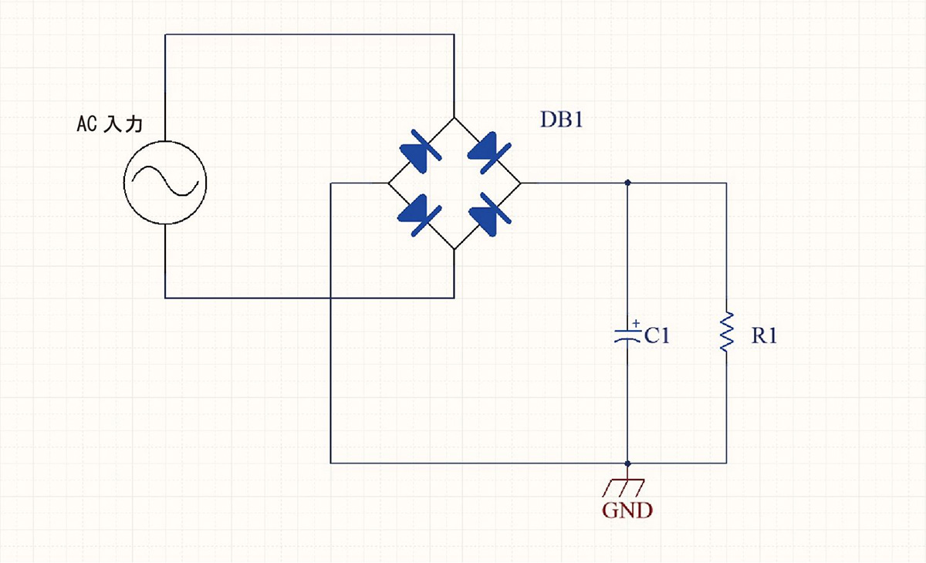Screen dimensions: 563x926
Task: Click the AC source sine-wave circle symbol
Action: coord(165,184)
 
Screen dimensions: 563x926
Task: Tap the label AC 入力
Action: coord(110,123)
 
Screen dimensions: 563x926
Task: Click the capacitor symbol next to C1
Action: coord(627,335)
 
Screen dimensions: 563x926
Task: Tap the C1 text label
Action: coord(657,335)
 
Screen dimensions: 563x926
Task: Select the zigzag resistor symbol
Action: coord(725,332)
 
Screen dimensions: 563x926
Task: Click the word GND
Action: coord(627,510)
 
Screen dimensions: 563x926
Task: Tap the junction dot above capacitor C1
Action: coord(627,184)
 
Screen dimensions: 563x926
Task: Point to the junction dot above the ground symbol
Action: coord(627,464)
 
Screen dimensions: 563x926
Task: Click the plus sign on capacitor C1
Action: coord(635,323)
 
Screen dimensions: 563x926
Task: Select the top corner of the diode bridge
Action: coord(454,118)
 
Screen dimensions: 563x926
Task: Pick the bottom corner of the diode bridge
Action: coord(454,249)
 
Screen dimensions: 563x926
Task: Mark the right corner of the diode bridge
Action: coord(520,184)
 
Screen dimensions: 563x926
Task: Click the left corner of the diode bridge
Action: coord(387,184)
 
